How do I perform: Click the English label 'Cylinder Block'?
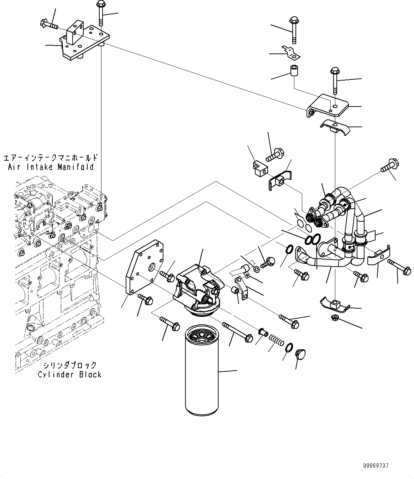click(x=70, y=375)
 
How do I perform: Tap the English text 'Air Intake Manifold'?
click(x=51, y=166)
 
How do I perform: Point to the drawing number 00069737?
click(x=376, y=465)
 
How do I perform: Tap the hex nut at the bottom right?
click(x=335, y=318)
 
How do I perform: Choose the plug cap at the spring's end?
click(x=300, y=354)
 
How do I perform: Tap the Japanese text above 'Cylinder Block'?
click(x=70, y=365)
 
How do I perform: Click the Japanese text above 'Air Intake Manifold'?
click(x=51, y=158)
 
